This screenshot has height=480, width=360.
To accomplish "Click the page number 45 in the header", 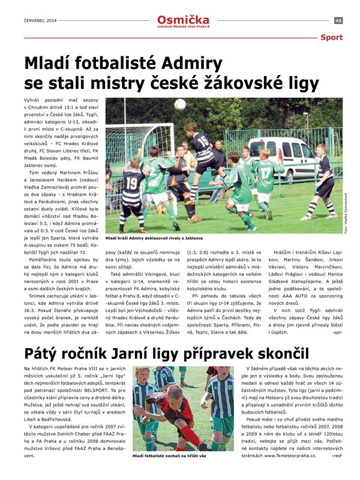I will pyautogui.click(x=338, y=20).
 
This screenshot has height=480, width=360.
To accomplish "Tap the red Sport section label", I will pyautogui.click(x=331, y=37).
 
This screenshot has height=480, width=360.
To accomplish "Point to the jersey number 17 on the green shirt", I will pyautogui.click(x=265, y=170).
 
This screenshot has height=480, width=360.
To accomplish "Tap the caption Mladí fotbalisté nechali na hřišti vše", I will pyautogui.click(x=169, y=457).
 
